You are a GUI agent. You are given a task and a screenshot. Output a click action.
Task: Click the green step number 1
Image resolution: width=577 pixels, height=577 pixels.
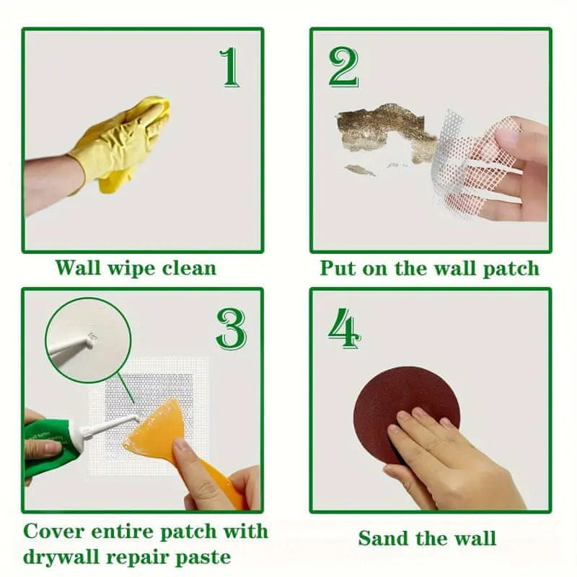pyautogui.click(x=230, y=67)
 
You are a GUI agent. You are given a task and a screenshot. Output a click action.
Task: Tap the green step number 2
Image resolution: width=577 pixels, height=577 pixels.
pyautogui.click(x=343, y=67)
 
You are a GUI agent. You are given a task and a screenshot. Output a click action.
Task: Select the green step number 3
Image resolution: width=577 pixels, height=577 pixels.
pyautogui.click(x=231, y=329)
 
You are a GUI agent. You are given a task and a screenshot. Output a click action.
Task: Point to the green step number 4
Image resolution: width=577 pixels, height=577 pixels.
pyautogui.click(x=344, y=328)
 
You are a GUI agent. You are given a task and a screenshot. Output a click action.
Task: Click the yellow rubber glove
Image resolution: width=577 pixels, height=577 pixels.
pyautogui.click(x=121, y=144)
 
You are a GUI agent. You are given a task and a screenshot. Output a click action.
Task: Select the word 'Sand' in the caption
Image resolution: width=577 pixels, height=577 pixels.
pyautogui.click(x=384, y=538)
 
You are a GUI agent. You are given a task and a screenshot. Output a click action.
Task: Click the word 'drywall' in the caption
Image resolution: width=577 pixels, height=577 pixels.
pyautogui.click(x=62, y=557)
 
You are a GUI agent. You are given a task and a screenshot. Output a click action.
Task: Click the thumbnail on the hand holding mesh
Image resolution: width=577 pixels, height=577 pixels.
pyautogui.click(x=508, y=138)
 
